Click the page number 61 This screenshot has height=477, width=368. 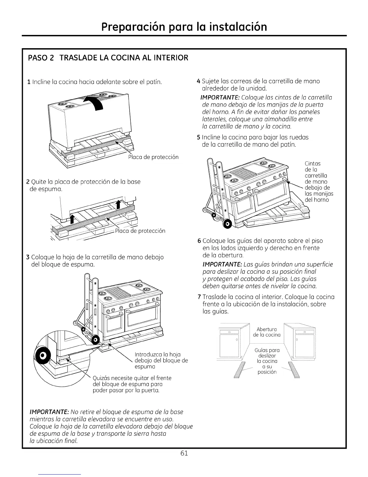(x=184, y=454)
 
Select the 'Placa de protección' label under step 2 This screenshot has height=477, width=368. (x=140, y=231)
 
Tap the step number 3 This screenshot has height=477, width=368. (x=28, y=257)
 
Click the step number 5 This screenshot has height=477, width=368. (x=198, y=137)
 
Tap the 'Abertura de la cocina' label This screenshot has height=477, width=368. (x=267, y=332)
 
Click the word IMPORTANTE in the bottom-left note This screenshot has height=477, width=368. (x=48, y=412)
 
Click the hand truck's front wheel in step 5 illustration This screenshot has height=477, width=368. (x=228, y=224)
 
